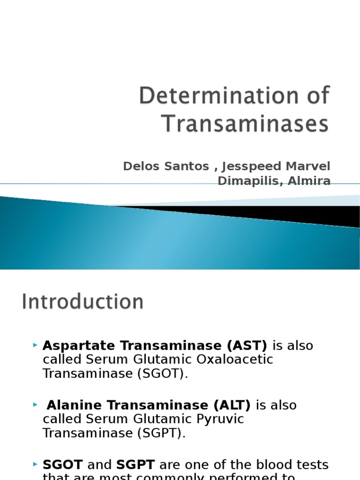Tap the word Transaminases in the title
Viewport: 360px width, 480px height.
(x=245, y=124)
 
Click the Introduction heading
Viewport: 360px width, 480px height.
(x=82, y=301)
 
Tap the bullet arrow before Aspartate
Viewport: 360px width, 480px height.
(x=35, y=345)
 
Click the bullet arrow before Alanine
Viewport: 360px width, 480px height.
(x=35, y=405)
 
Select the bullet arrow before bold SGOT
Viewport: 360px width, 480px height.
(x=35, y=464)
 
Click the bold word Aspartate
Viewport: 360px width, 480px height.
(x=79, y=346)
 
